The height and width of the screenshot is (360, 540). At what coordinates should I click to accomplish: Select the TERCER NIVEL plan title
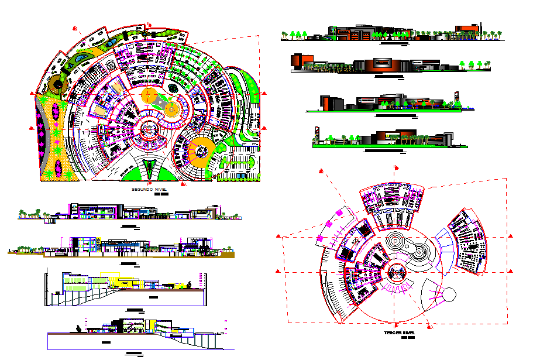click(400, 333)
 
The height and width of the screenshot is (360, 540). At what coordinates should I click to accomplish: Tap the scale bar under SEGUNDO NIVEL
click(161, 196)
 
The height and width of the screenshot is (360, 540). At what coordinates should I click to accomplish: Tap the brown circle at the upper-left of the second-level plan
click(57, 84)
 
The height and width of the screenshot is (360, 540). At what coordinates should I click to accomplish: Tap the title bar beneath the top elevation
click(390, 43)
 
